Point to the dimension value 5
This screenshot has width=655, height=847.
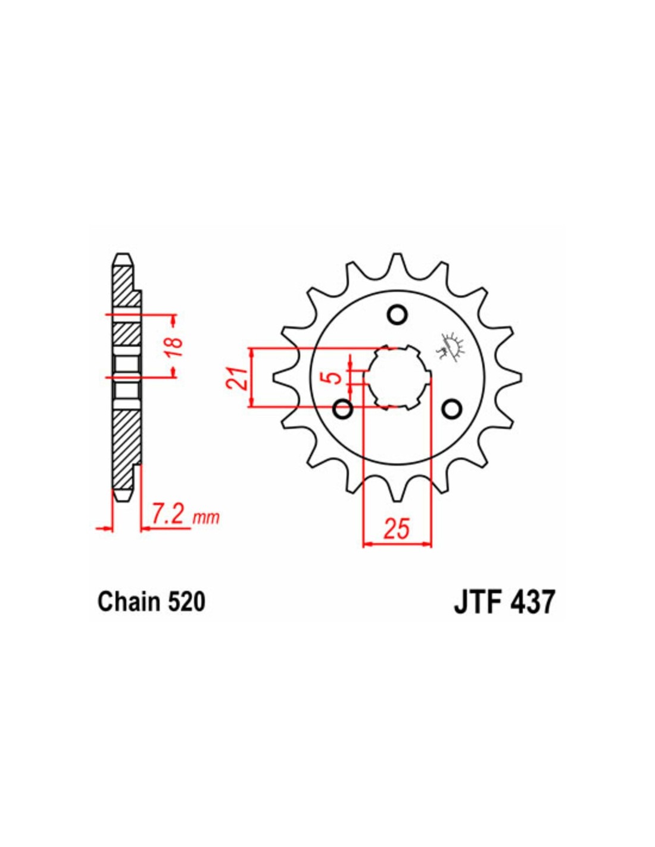point(335,378)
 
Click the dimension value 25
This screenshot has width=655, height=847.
point(398,528)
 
